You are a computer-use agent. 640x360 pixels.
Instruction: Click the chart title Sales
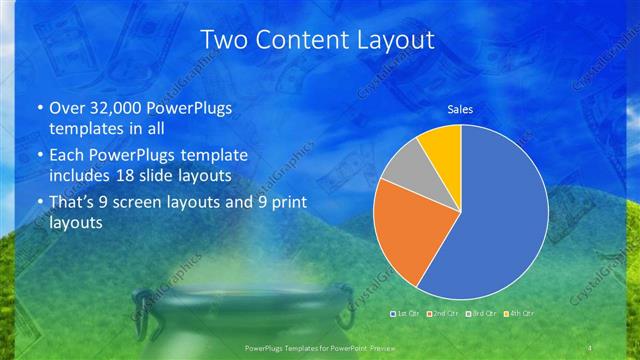(x=460, y=109)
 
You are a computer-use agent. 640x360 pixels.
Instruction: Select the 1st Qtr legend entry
(x=406, y=314)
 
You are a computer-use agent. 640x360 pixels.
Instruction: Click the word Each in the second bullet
(x=67, y=156)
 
